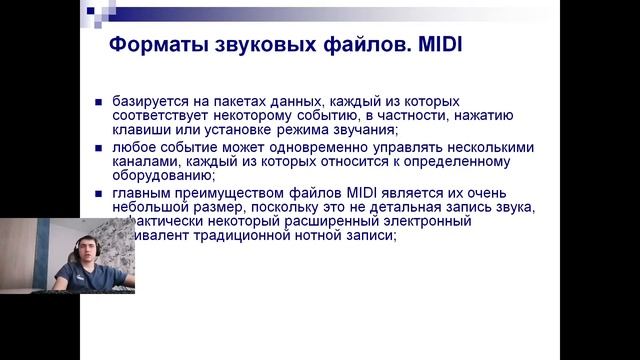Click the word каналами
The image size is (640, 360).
point(146,162)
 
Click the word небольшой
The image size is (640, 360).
point(153,207)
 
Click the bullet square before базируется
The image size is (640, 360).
point(99,103)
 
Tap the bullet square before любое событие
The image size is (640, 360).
point(99,148)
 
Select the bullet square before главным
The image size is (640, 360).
point(99,193)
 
